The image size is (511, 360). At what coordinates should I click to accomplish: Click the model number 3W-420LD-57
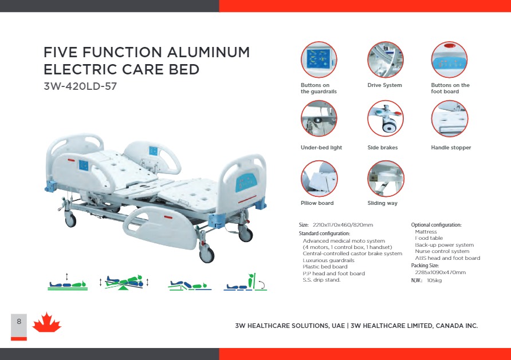pos(80,86)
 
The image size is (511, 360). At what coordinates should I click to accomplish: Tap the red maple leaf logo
pos(46,322)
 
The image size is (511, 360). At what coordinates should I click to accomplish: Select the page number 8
pos(19,322)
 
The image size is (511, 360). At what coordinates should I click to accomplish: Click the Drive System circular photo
pos(385,60)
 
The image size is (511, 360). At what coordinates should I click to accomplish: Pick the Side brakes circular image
pos(385,118)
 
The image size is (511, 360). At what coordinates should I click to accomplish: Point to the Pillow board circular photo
pos(319,179)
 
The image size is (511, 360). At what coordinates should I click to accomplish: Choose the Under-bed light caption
pos(321,148)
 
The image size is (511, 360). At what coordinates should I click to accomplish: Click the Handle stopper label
pos(451,148)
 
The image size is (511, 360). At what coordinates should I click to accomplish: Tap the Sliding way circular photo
pos(386,179)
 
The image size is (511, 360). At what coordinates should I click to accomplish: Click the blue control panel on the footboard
pos(246,183)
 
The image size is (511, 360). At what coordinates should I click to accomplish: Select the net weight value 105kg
pos(434,280)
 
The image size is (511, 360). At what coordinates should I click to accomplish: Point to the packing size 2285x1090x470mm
pos(441,272)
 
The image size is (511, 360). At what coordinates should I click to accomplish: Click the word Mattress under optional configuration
pos(426,232)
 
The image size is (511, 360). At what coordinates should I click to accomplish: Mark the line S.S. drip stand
pos(321,280)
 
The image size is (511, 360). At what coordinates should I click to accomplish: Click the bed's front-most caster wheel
pos(207,254)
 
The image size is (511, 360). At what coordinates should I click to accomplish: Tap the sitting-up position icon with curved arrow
pos(245,282)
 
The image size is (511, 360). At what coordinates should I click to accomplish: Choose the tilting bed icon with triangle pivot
pos(124,282)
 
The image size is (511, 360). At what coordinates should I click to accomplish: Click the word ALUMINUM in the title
pos(209,53)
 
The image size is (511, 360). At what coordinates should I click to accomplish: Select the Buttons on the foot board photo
pos(449,60)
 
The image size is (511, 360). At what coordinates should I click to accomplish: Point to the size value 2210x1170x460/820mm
pos(343,225)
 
